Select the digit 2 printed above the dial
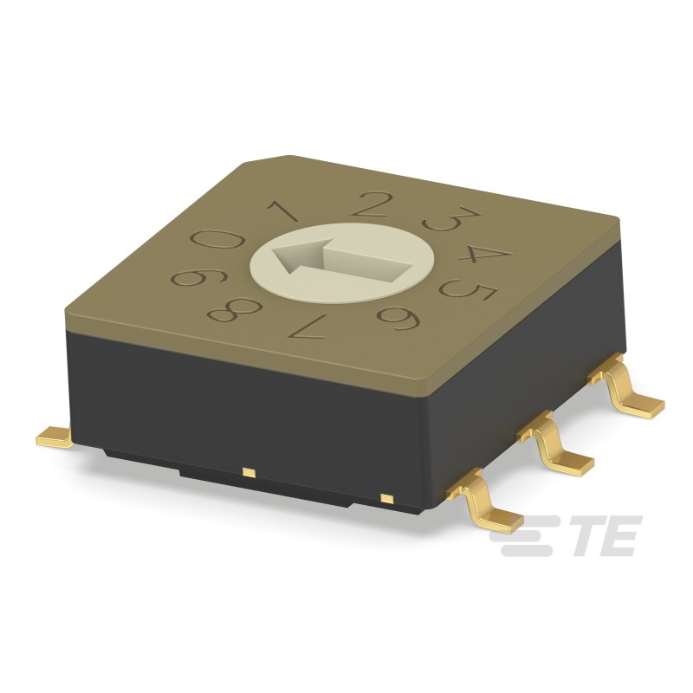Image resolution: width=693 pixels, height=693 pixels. [373, 204]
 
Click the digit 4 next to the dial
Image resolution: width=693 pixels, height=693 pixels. [486, 255]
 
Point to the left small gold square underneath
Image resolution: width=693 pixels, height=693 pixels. [249, 472]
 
